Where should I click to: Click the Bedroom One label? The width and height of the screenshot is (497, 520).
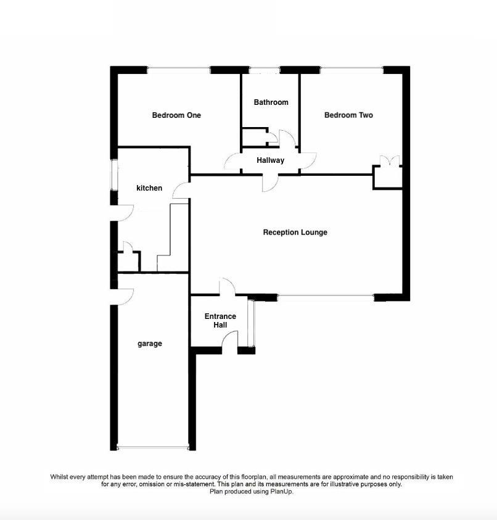click(x=176, y=115)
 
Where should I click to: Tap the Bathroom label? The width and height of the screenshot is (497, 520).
click(x=271, y=102)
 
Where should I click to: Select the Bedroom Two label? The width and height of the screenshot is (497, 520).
click(x=348, y=115)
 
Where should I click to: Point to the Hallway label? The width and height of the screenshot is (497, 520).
click(x=271, y=160)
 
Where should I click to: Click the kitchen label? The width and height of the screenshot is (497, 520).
click(x=149, y=188)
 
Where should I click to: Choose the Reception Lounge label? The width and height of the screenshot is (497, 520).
click(x=295, y=233)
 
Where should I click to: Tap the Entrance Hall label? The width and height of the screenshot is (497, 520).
click(x=220, y=321)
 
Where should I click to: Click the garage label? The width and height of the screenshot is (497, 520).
click(x=149, y=344)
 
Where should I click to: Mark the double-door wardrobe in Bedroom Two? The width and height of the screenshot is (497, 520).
click(x=388, y=176)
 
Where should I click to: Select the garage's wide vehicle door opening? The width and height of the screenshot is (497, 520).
click(x=152, y=447)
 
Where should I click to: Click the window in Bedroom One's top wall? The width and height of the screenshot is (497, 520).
click(x=178, y=70)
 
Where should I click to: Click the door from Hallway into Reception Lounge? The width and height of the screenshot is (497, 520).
click(x=269, y=182)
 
